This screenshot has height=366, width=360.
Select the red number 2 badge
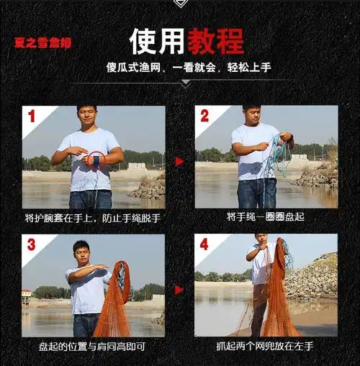(204, 116)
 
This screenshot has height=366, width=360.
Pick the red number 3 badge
(32, 244)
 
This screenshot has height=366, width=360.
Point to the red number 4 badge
(204, 244)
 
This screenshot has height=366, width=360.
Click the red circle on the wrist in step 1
(95, 160)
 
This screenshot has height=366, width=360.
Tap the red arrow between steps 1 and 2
(179, 161)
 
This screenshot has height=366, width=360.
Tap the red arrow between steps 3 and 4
(179, 289)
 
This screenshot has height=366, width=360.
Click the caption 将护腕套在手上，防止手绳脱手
(92, 217)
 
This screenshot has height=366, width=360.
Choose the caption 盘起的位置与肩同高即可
(92, 346)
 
